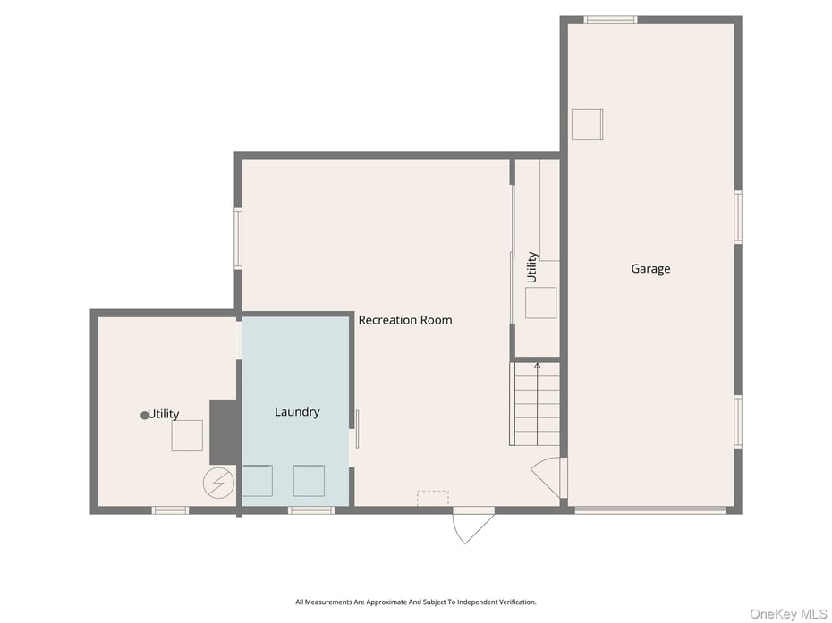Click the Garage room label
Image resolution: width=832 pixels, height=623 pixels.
[650, 269]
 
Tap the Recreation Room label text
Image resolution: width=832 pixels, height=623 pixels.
[405, 320]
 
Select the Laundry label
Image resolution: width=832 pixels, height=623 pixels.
[297, 412]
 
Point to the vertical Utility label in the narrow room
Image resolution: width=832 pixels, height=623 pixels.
[531, 267]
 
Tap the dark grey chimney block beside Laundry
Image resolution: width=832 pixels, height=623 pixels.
[224, 432]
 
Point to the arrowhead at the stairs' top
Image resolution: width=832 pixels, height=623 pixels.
[537, 366]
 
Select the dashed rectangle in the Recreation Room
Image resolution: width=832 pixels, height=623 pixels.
[433, 498]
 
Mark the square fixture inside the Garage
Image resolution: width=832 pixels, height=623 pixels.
[587, 124]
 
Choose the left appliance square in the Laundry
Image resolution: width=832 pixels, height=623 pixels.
[257, 481]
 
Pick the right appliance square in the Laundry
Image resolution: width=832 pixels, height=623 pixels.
[309, 481]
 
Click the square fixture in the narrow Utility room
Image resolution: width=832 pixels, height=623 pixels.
[540, 303]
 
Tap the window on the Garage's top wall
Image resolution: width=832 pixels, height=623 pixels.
[610, 20]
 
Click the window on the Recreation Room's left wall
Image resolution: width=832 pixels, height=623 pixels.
[238, 238]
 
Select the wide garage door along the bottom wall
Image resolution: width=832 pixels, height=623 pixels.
[649, 510]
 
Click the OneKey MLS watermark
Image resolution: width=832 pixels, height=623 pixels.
[788, 614]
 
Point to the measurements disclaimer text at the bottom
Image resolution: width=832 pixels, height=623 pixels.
[416, 602]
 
